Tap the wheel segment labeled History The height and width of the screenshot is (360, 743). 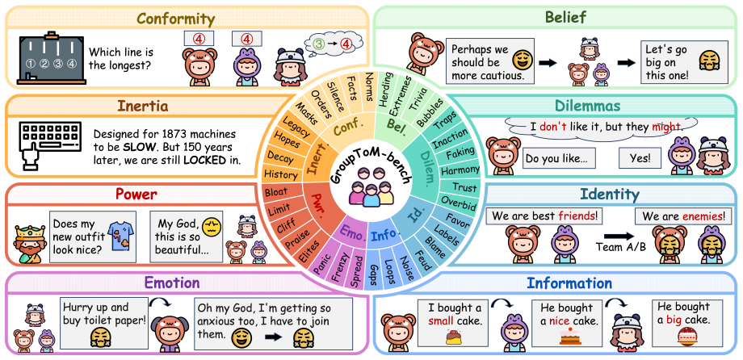point(280,174)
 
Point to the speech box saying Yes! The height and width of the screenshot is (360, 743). point(640,159)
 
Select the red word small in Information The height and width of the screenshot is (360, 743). point(441,321)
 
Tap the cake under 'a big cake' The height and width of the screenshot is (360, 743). point(686,335)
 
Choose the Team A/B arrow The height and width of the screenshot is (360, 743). point(619,236)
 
